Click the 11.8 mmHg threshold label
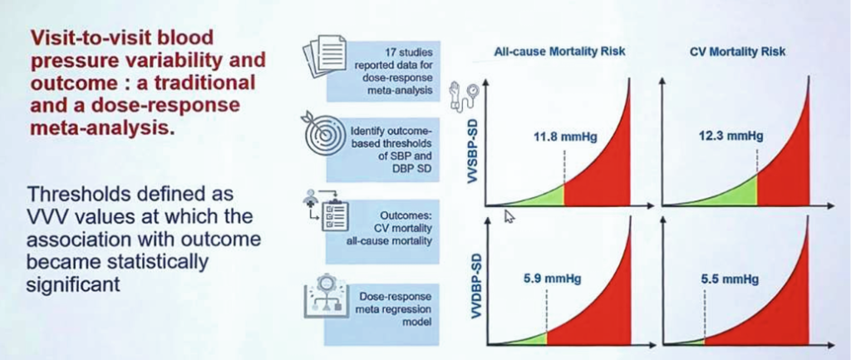click(564, 136)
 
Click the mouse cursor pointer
click(509, 216)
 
